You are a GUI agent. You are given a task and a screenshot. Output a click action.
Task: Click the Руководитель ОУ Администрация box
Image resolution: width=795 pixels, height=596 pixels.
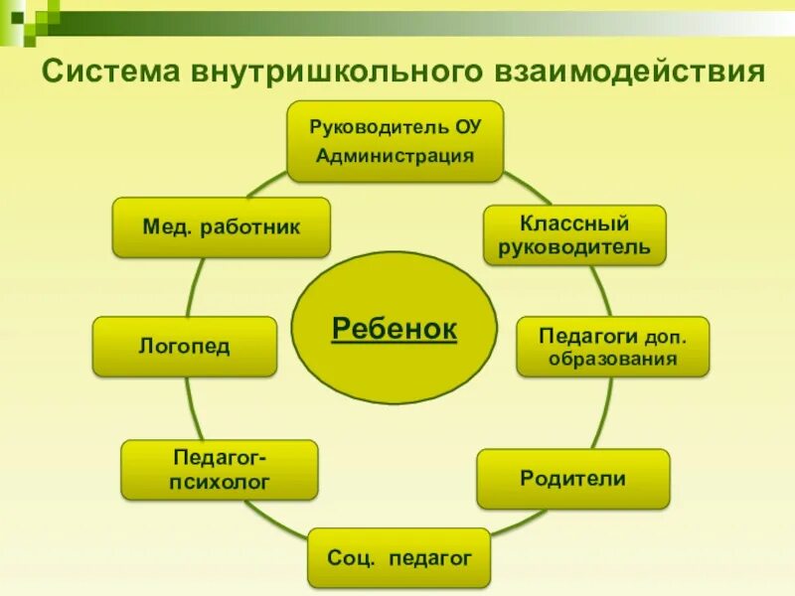click(x=396, y=141)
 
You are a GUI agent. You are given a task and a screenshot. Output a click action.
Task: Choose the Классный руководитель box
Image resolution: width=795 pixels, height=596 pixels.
click(x=575, y=234)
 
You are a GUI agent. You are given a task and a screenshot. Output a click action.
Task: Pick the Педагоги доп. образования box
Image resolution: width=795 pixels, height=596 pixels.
click(x=612, y=346)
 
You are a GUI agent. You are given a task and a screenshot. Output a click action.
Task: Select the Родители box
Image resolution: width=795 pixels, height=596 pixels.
click(x=573, y=479)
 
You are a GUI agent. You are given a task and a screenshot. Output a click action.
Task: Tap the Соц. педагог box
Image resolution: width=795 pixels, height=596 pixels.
click(x=398, y=558)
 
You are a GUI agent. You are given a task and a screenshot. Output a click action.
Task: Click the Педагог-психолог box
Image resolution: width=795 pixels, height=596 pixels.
click(x=220, y=470)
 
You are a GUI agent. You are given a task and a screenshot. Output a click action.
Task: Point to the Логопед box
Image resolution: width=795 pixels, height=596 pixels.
click(x=185, y=347)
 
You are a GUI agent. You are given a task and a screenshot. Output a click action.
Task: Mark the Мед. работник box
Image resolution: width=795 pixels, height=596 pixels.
click(x=221, y=227)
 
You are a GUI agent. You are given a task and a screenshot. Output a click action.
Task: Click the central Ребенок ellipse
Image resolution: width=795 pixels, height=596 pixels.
click(x=394, y=328)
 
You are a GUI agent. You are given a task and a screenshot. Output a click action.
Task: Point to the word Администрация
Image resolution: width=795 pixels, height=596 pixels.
click(x=396, y=155)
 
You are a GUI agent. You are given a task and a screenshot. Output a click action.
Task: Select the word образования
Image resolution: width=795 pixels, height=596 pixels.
click(x=612, y=358)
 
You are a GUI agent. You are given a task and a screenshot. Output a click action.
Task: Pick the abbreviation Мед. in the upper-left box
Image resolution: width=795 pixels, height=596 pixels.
click(x=166, y=227)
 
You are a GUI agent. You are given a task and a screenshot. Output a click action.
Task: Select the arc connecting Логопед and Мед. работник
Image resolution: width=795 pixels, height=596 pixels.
click(x=194, y=287)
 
